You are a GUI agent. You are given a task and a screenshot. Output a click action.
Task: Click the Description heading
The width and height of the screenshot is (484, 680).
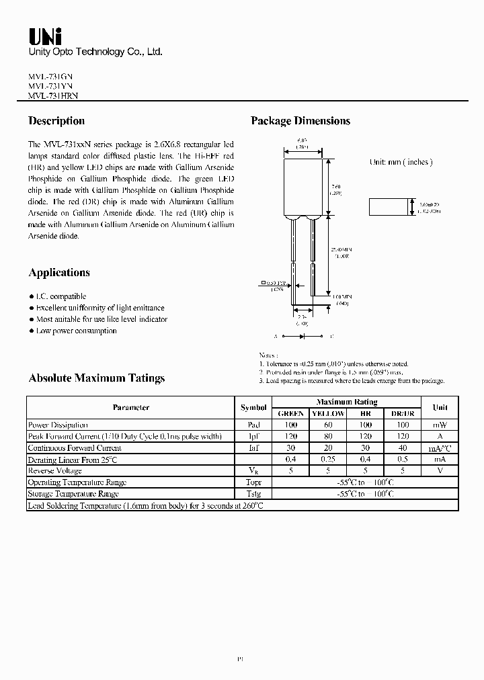click(x=56, y=121)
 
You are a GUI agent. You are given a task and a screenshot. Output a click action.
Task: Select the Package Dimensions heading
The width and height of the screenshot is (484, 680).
click(x=300, y=121)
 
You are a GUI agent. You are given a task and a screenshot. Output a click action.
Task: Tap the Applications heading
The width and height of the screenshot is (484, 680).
click(x=59, y=273)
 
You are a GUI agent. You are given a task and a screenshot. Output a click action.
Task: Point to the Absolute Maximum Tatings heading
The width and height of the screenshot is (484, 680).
click(x=97, y=378)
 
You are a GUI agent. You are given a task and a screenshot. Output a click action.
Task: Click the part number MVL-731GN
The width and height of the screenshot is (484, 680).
click(x=52, y=76)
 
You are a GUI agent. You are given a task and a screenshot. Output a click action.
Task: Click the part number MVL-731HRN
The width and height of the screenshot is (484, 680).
click(x=54, y=96)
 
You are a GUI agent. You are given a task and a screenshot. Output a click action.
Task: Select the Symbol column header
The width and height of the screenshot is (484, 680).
click(x=253, y=408)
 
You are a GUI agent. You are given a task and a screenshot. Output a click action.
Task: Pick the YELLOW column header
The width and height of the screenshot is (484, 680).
click(x=328, y=414)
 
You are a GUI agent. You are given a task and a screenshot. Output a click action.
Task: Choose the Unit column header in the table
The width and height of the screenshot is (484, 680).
click(x=440, y=408)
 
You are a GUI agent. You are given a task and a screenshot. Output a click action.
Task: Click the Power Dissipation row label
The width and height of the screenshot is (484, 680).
click(x=58, y=425)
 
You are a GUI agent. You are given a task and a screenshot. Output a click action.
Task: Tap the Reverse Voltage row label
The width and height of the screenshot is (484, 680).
click(x=55, y=471)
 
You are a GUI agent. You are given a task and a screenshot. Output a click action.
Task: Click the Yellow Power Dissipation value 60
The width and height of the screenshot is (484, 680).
click(x=328, y=425)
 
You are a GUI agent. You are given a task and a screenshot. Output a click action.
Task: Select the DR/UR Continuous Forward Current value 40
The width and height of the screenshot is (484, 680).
click(x=403, y=448)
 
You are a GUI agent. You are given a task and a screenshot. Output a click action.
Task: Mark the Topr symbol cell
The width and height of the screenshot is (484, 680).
click(x=253, y=482)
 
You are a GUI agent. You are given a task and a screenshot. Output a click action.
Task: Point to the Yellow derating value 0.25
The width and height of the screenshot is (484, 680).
click(x=328, y=460)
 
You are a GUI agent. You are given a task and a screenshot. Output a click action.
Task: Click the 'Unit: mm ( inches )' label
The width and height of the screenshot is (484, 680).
click(x=401, y=162)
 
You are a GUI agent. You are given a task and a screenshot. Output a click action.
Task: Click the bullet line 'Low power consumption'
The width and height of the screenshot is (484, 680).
click(x=76, y=331)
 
